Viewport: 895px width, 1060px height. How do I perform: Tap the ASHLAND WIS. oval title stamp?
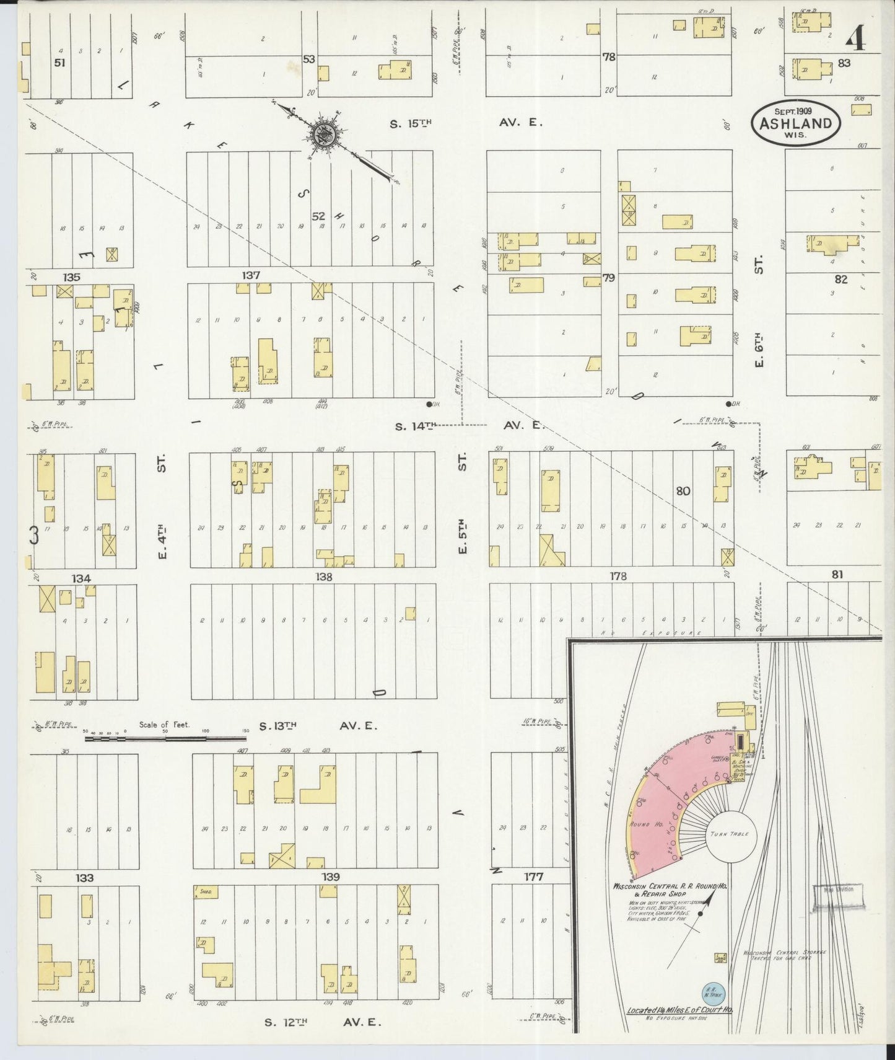[x=796, y=123]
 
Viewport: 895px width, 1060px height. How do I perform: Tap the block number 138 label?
[x=323, y=576]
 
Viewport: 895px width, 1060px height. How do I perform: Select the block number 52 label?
[x=318, y=216]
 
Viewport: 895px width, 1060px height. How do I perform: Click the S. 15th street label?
[x=410, y=123]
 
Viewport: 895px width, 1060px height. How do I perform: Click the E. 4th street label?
[x=162, y=541]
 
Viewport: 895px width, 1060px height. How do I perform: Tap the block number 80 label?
[x=683, y=491]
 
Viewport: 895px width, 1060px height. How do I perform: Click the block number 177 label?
[x=533, y=877]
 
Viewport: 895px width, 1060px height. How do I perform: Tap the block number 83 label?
[x=844, y=63]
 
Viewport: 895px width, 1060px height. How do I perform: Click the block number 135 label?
[x=71, y=277]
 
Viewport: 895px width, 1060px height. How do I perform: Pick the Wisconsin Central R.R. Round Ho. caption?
[x=670, y=888]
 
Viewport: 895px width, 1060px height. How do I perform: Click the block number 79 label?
[x=609, y=278]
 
